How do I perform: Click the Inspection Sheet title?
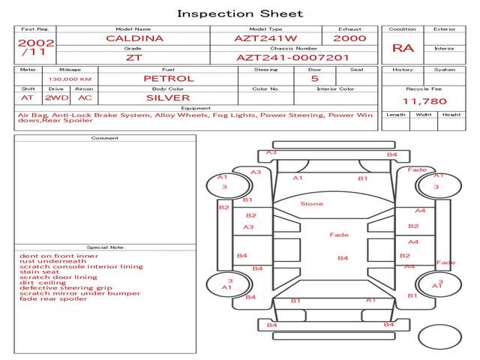pyautogui.click(x=240, y=13)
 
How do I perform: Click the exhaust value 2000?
pyautogui.click(x=349, y=38)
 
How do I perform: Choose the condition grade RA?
pyautogui.click(x=403, y=49)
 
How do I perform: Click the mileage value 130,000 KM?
pyautogui.click(x=70, y=79)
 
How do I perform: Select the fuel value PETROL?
pyautogui.click(x=169, y=78)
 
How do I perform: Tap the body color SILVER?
pyautogui.click(x=168, y=97)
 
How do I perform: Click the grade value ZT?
pyautogui.click(x=133, y=57)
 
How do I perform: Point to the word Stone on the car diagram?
pyautogui.click(x=312, y=204)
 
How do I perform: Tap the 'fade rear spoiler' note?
pyautogui.click(x=53, y=298)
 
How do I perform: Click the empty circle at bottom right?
pyautogui.click(x=439, y=338)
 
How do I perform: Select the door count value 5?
pyautogui.click(x=314, y=78)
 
